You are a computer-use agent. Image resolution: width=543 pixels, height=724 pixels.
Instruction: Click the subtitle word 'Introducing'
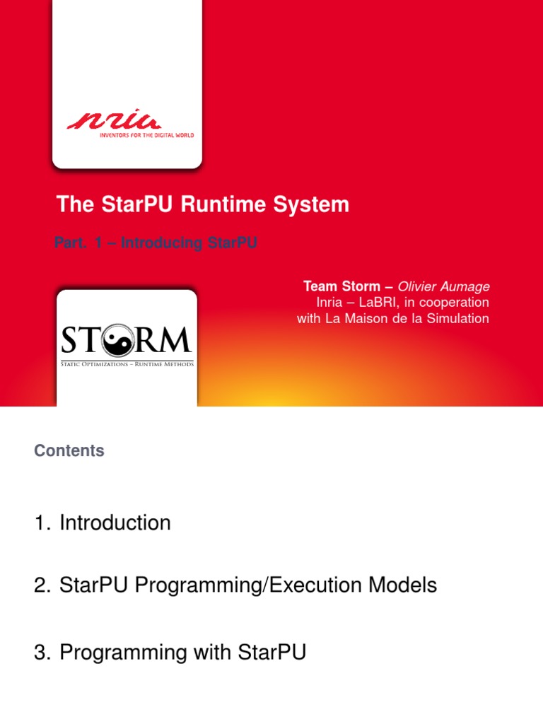162,243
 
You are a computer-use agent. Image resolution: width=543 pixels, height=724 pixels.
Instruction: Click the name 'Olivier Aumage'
443,286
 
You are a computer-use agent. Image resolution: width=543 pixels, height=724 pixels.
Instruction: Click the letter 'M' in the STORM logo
176,341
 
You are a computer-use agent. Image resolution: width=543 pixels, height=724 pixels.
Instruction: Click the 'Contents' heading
69,451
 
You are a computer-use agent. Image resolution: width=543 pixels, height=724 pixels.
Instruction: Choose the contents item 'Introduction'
115,523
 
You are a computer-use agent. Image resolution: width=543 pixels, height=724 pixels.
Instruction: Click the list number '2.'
44,586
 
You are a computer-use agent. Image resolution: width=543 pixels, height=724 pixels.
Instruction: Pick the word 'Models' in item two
405,586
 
